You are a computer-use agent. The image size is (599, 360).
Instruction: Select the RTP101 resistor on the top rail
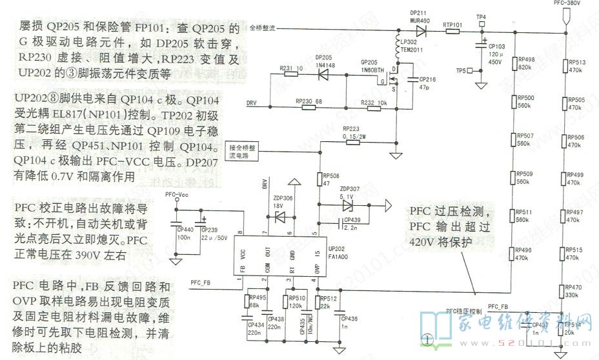(x=452, y=30)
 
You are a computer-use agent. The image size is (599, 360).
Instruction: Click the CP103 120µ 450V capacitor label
(x=496, y=55)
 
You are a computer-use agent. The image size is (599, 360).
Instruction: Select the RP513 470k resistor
(x=565, y=66)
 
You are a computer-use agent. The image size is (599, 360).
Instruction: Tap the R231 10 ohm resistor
(x=292, y=73)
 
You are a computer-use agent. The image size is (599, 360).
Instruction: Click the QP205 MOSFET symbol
(x=387, y=82)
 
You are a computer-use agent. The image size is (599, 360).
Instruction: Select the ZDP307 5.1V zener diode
(x=349, y=206)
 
